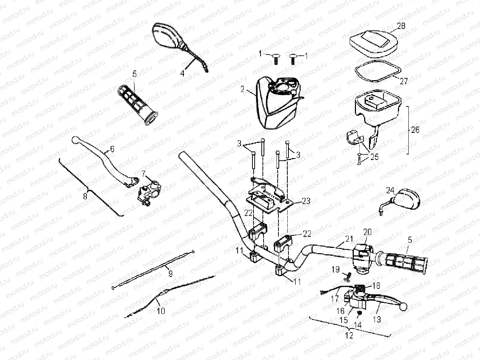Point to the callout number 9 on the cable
(x=170, y=274)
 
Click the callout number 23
(x=306, y=202)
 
